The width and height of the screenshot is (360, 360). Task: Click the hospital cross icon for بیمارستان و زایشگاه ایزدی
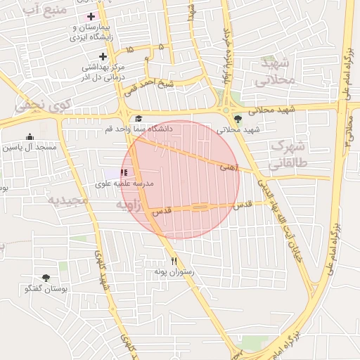pos(91,16)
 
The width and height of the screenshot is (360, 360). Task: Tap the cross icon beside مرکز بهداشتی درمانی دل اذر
pos(103,56)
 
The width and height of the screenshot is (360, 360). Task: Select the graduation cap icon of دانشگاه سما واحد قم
pos(139,119)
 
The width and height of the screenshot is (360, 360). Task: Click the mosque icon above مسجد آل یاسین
pos(30,137)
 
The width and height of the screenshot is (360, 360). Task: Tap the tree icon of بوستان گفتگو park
pos(46,278)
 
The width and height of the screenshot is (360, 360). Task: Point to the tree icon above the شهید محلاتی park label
pos(238,119)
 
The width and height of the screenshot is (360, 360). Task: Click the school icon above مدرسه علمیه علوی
pos(124,172)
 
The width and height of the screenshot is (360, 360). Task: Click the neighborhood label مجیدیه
pos(67,200)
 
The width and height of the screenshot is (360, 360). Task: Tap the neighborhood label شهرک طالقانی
pos(288,156)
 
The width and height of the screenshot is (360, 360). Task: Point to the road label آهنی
pos(229,167)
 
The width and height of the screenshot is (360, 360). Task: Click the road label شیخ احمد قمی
pos(149,87)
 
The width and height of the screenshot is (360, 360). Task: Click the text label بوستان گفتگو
pos(46,288)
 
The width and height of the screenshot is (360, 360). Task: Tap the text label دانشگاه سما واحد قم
pos(138,129)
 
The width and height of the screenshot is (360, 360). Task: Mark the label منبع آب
pos(44,9)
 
